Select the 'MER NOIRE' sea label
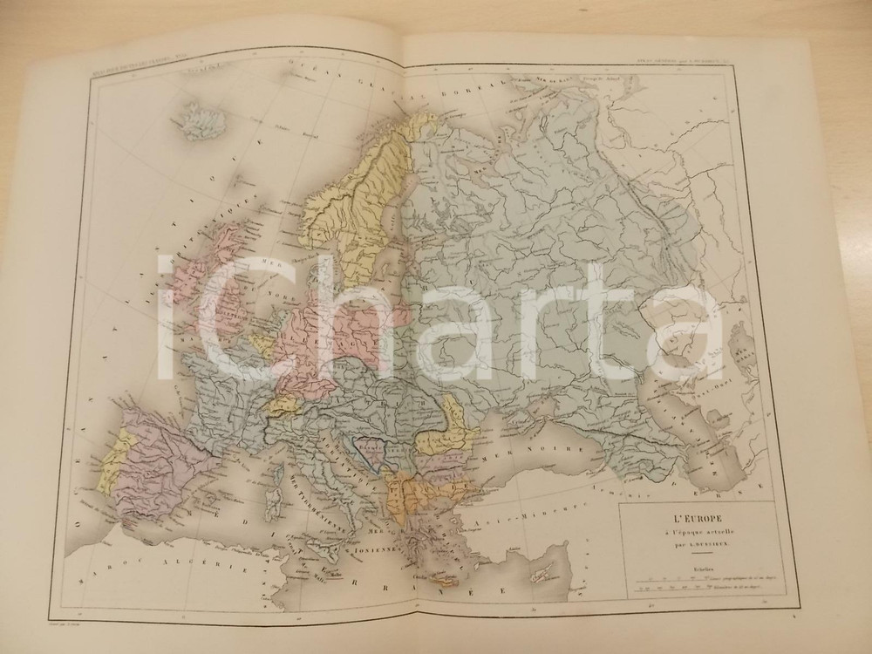tap(514, 461)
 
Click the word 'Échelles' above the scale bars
tap(682, 566)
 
